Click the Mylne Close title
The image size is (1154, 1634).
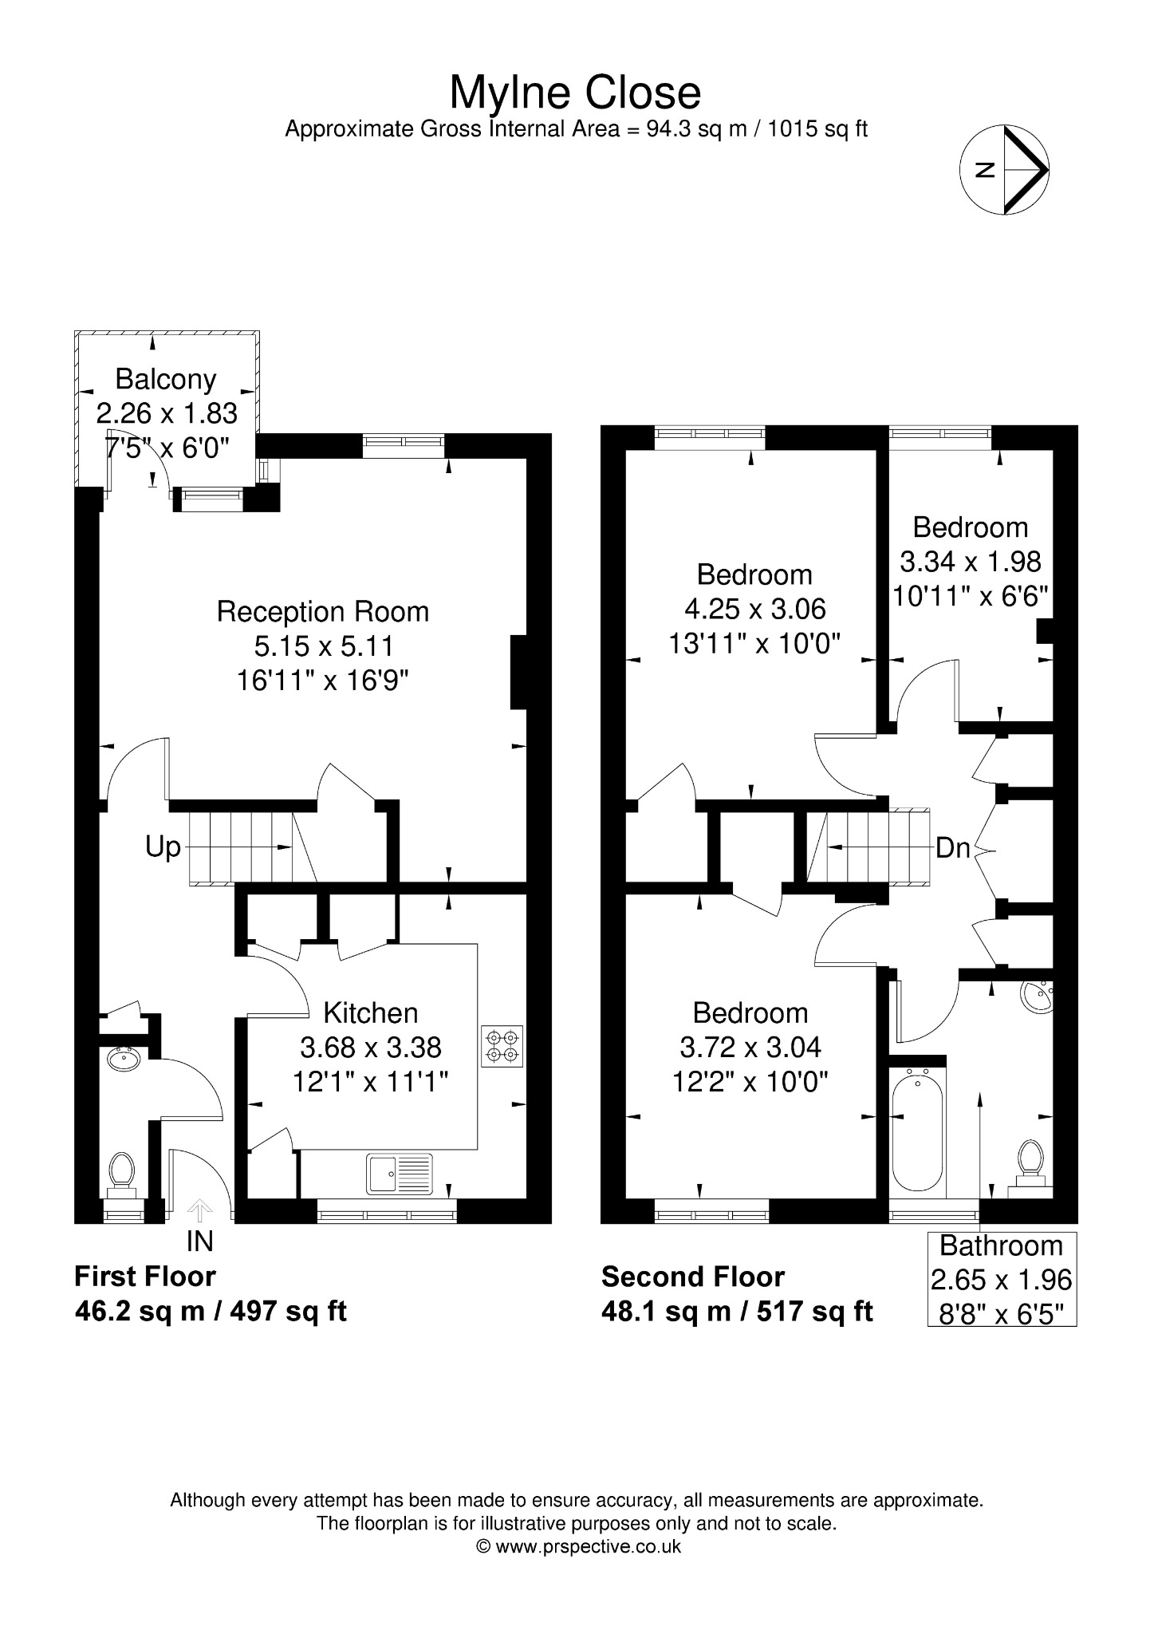[576, 94]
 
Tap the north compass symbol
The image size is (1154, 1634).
[1004, 169]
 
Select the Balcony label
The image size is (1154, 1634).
[166, 379]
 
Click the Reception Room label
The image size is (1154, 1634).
[323, 612]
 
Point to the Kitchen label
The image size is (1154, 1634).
[371, 1012]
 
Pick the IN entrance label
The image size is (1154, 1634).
[199, 1241]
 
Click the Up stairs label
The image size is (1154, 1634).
[163, 847]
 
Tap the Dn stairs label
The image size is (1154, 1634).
[952, 847]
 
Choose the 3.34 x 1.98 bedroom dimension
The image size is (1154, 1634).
[971, 562]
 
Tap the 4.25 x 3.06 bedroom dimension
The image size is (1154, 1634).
[755, 609]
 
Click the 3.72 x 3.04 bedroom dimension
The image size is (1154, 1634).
[750, 1047]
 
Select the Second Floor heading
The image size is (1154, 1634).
[693, 1277]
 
